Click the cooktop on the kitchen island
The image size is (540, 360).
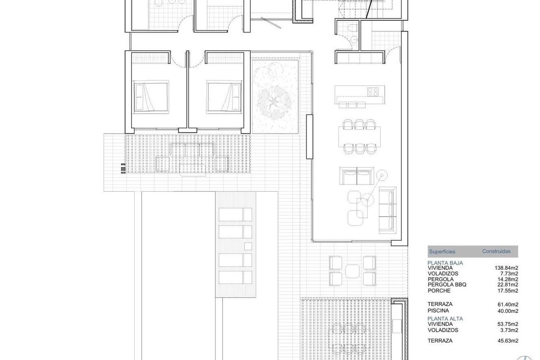pyautogui.click(x=372, y=92)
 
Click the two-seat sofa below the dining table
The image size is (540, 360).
pyautogui.click(x=356, y=175)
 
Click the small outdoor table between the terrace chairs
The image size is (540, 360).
pyautogui.click(x=353, y=271)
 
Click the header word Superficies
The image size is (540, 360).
pyautogui.click(x=442, y=252)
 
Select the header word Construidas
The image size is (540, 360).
pyautogui.click(x=496, y=252)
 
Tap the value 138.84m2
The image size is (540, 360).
pyautogui.click(x=506, y=268)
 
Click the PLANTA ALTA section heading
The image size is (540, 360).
pyautogui.click(x=445, y=319)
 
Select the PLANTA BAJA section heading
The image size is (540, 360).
pyautogui.click(x=445, y=263)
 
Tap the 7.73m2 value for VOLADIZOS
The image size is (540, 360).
pyautogui.click(x=509, y=274)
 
